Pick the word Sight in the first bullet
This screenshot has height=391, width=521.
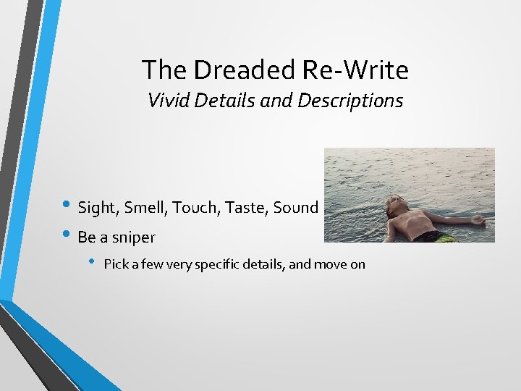pos(97,209)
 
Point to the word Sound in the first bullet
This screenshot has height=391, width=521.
pos(296,209)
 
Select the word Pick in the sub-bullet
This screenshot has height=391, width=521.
pos(117,264)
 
